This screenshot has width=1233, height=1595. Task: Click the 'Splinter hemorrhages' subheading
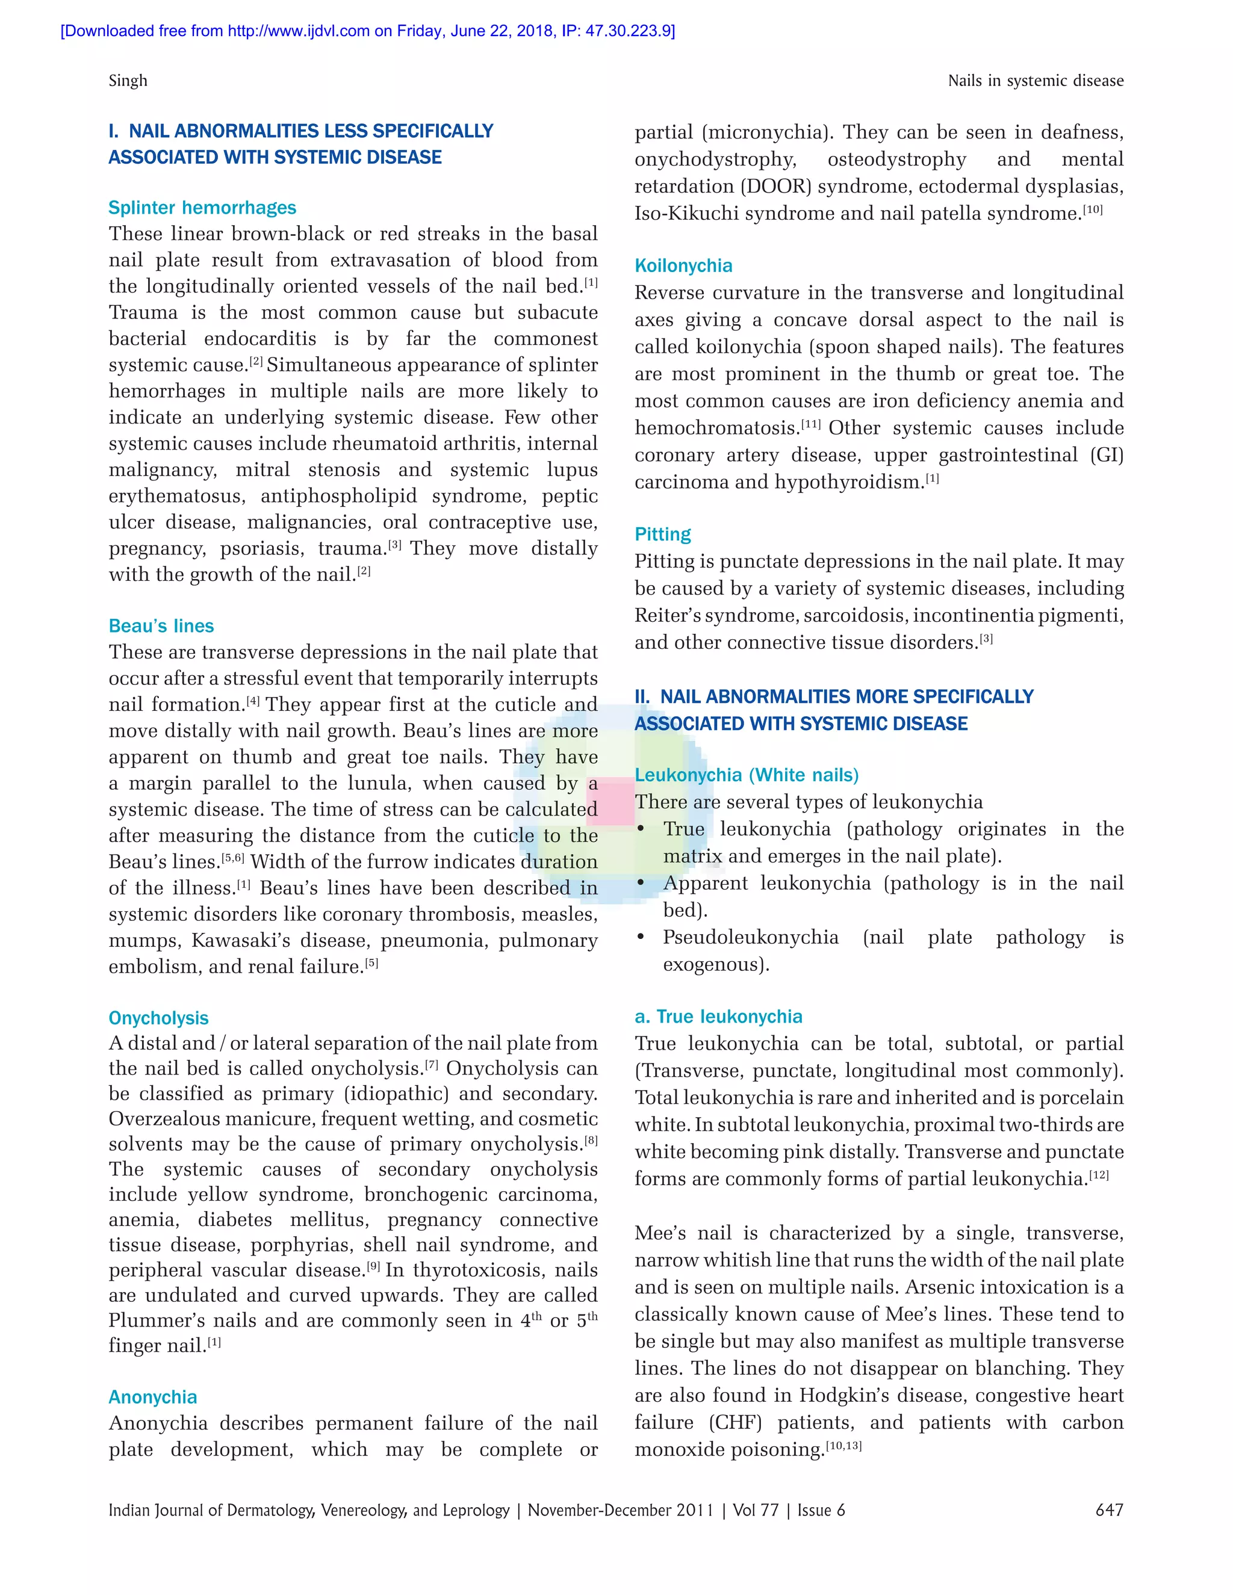202,208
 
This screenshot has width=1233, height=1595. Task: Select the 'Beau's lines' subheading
161,626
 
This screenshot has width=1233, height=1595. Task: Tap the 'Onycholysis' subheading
158,1018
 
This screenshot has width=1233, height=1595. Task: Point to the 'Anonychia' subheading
153,1397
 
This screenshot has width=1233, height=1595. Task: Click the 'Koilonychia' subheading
684,266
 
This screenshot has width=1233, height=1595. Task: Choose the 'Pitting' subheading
662,534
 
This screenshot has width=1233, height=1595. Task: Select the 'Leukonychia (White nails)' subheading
747,775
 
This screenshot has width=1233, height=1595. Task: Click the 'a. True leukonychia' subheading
719,1017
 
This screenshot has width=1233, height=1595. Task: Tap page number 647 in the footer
1109,1510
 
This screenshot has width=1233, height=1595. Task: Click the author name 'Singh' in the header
128,80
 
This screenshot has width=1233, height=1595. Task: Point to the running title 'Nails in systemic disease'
1036,80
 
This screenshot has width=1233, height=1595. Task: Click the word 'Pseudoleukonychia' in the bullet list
751,937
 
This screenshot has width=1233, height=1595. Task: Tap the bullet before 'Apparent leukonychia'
641,884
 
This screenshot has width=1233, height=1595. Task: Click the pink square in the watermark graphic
610,801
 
